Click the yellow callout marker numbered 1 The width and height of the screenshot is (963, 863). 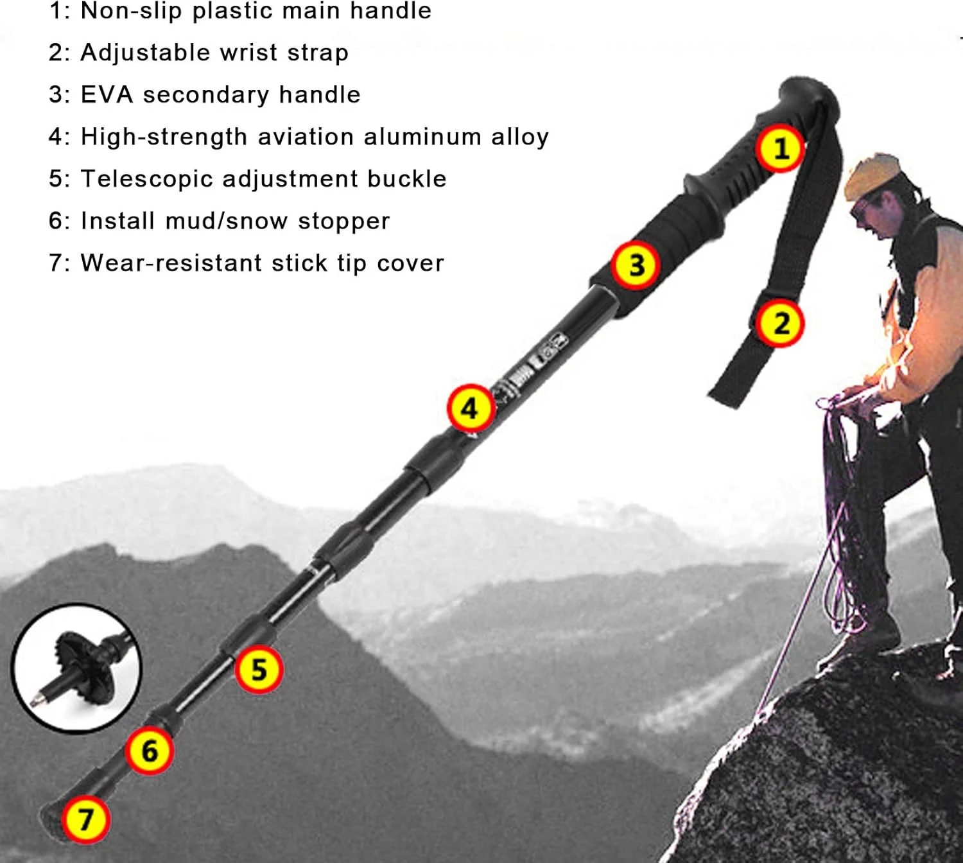[x=781, y=148]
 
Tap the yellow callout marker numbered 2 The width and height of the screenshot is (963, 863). [x=779, y=324]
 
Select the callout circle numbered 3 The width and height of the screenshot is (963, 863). [x=636, y=265]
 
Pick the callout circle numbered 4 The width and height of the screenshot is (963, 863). [x=471, y=408]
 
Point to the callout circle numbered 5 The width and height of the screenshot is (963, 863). [x=259, y=670]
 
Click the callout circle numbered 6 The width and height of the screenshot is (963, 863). [x=149, y=751]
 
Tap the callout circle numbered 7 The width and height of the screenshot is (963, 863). [x=85, y=819]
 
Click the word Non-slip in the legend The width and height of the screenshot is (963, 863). [x=132, y=10]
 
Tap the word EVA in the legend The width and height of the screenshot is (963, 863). [x=107, y=94]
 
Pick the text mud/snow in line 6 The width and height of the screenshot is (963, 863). [x=227, y=221]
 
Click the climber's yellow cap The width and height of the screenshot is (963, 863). [x=872, y=177]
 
